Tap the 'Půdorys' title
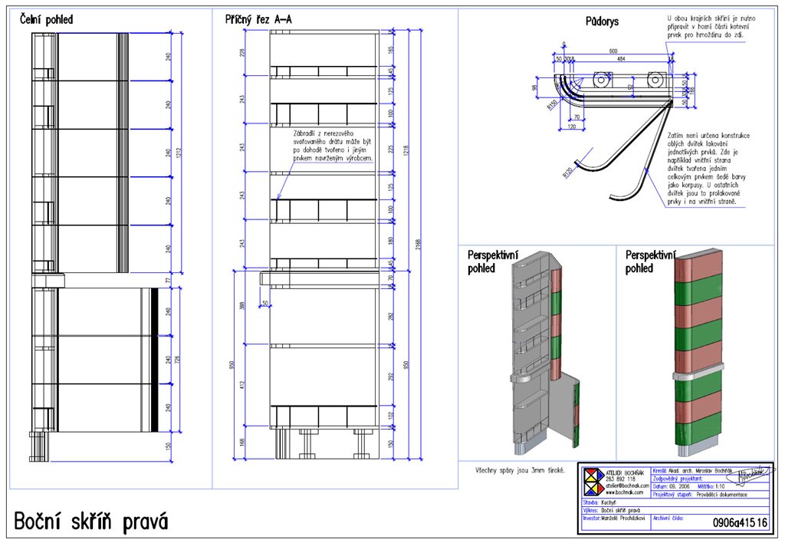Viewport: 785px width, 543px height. click(x=602, y=22)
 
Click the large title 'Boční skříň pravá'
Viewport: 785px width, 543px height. click(x=91, y=522)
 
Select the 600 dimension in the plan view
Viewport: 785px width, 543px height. click(x=613, y=51)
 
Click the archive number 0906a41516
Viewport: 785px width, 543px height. click(x=740, y=522)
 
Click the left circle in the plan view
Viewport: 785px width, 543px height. click(x=603, y=79)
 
